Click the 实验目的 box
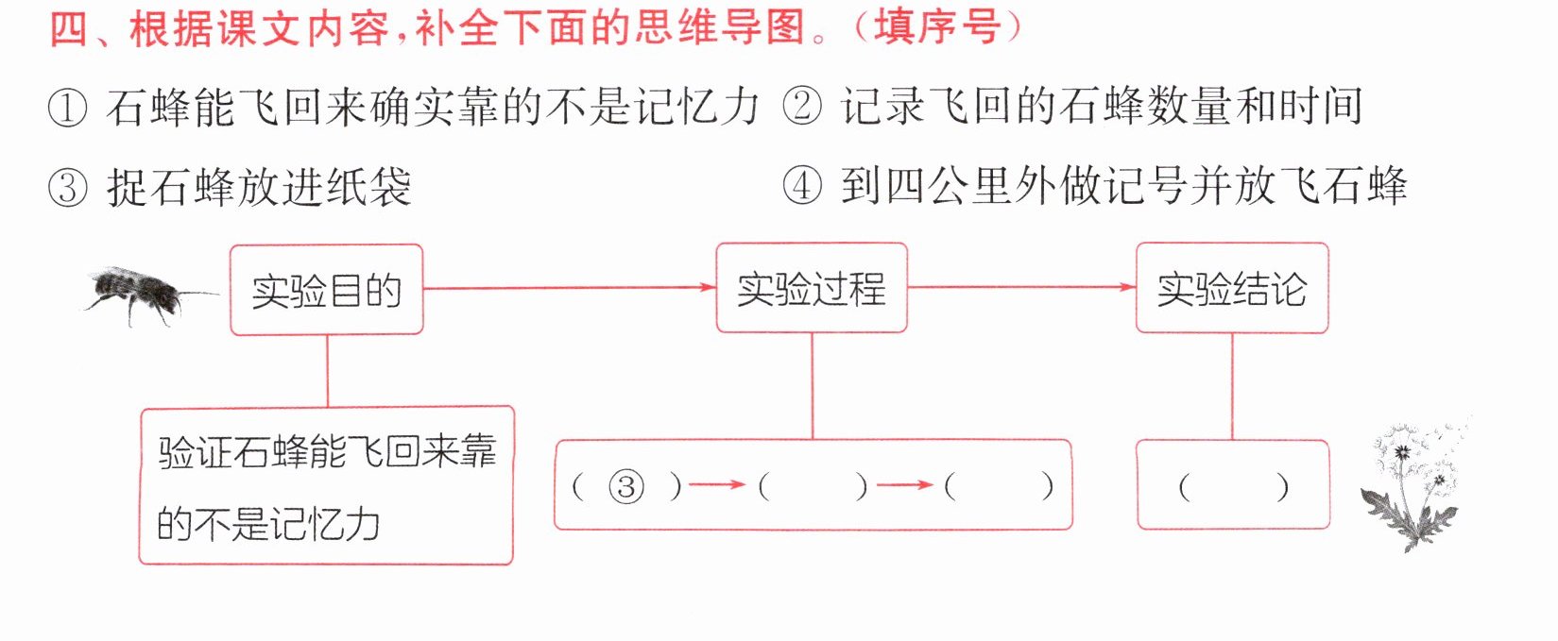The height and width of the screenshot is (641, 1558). [x=327, y=290]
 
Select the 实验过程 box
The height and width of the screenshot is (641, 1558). [x=812, y=288]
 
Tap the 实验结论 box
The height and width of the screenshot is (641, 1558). [x=1232, y=289]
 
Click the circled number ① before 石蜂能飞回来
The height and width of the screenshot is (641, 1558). [x=67, y=109]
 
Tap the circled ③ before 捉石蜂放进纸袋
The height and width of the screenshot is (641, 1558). [x=67, y=189]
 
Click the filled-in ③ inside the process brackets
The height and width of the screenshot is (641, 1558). [x=626, y=487]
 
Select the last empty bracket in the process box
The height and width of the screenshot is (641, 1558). [x=1000, y=487]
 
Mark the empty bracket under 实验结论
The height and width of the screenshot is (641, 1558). [x=1233, y=487]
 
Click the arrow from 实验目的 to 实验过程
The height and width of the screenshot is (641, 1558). [x=570, y=287]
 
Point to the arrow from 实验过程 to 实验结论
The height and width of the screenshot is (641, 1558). [x=1021, y=287]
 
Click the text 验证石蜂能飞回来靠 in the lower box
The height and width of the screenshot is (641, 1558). [x=327, y=451]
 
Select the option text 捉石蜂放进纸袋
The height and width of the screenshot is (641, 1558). [x=259, y=188]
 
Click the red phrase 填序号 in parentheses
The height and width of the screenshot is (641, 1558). [x=937, y=28]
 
